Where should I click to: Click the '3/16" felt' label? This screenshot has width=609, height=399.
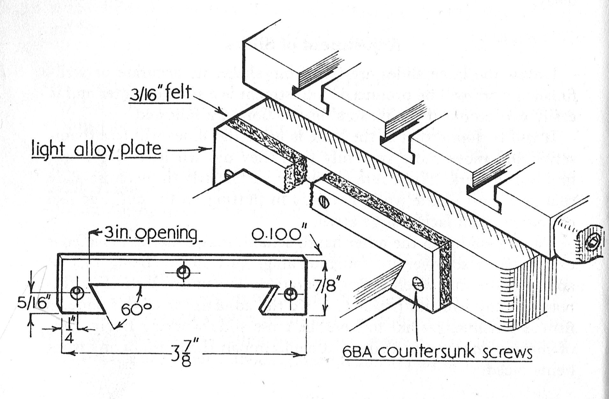[160, 94]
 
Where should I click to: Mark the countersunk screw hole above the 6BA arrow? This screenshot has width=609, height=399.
[418, 283]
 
